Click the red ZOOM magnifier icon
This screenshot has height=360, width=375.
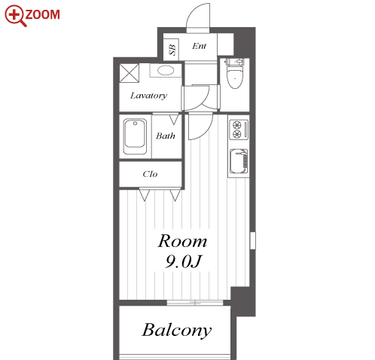(15, 15)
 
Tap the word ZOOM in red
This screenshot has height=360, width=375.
(43, 14)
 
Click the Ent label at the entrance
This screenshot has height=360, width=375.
(199, 46)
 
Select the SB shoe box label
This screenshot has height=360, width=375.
(172, 50)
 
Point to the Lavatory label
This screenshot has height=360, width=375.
(148, 96)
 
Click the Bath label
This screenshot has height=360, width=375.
(166, 136)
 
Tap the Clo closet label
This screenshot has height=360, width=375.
(150, 174)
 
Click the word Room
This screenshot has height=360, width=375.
(182, 241)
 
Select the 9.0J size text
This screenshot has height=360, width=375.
(183, 261)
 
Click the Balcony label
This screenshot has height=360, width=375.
(177, 330)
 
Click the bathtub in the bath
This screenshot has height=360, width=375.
(135, 137)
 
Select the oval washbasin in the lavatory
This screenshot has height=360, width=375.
(166, 70)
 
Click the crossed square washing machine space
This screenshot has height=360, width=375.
(130, 73)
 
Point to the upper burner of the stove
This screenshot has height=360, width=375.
(236, 125)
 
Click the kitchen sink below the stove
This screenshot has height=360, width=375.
(239, 161)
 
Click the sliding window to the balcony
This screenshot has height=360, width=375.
(195, 303)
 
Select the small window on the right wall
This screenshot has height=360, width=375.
(253, 240)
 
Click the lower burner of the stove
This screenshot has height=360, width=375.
(236, 134)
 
